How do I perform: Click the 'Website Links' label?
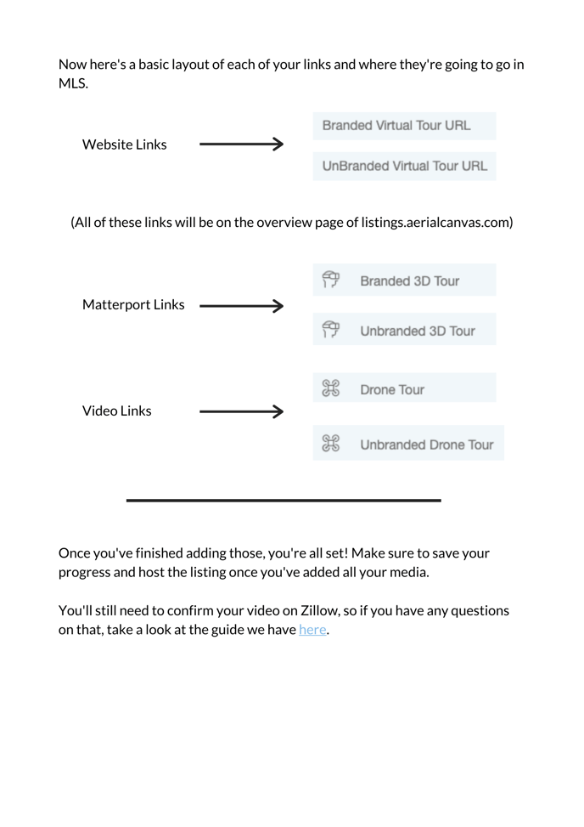point(124,144)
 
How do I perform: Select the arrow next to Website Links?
point(241,144)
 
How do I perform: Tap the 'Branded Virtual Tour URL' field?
point(404,126)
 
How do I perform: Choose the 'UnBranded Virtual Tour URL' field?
point(404,166)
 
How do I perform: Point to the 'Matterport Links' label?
point(133,304)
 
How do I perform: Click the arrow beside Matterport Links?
point(241,305)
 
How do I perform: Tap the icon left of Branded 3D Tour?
point(330,280)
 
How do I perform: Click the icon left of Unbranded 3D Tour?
point(330,330)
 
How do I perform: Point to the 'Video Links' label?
point(117,411)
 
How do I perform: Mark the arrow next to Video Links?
point(241,412)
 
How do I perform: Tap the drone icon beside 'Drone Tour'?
point(330,389)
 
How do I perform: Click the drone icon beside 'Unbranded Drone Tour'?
point(330,444)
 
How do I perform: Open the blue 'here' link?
point(312,630)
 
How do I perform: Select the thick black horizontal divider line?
point(284,501)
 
